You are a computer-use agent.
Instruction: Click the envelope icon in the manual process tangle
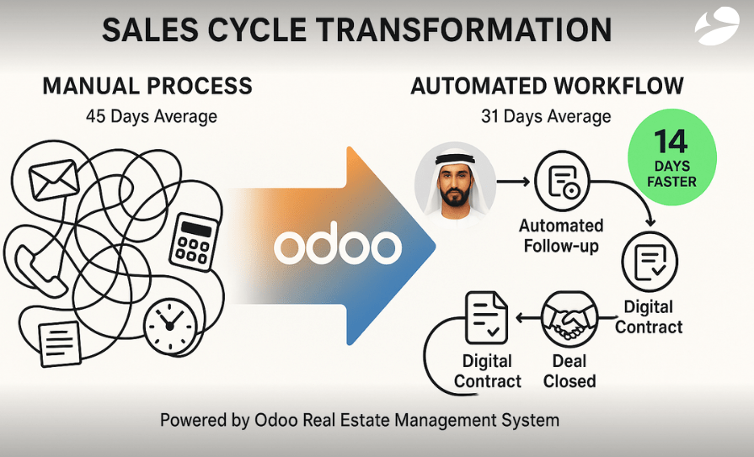point(54,178)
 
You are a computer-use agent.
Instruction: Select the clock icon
point(169,325)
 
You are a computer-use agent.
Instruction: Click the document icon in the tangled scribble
point(60,341)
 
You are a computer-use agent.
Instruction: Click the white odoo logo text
point(337,247)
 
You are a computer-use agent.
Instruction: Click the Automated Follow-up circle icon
point(562,181)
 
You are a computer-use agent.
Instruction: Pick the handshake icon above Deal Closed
point(570,318)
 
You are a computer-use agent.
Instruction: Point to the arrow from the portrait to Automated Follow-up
point(512,180)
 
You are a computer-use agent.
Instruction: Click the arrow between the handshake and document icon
point(527,318)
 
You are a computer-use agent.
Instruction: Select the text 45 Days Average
point(152,115)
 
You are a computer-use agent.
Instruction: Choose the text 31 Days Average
point(546,115)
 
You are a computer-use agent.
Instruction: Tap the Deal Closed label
point(570,370)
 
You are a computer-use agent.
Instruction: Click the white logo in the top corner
point(716,26)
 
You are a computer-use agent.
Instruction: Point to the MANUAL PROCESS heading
point(147,85)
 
